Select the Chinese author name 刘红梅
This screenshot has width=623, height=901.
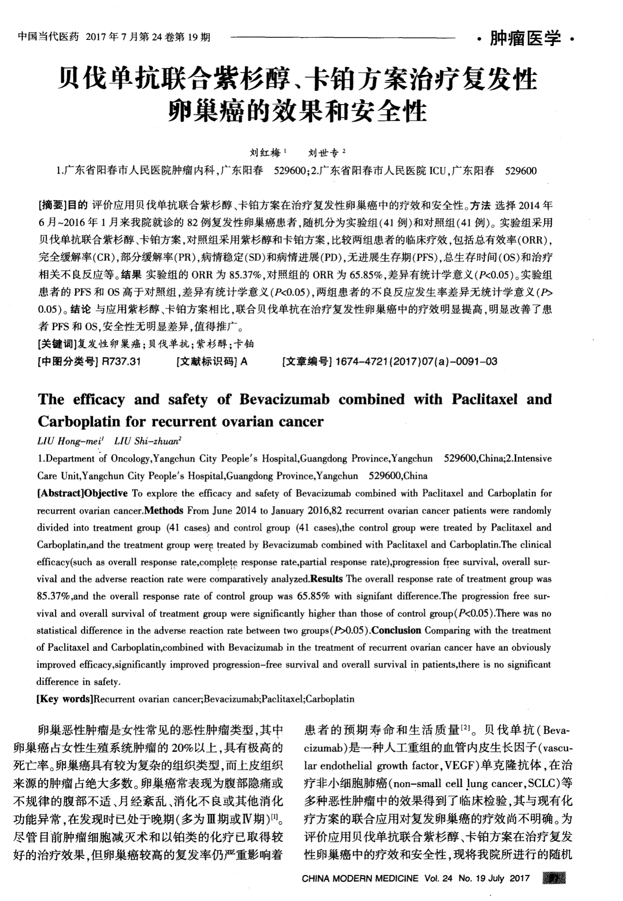265,153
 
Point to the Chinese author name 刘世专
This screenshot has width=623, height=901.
323,153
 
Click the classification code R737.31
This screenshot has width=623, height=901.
121,361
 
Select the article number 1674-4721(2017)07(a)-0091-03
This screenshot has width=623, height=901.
416,361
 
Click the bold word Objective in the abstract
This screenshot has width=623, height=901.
106,493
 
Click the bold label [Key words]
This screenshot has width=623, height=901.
65,699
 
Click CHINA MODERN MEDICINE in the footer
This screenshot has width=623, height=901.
360,878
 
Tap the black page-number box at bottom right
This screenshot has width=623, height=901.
554,878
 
